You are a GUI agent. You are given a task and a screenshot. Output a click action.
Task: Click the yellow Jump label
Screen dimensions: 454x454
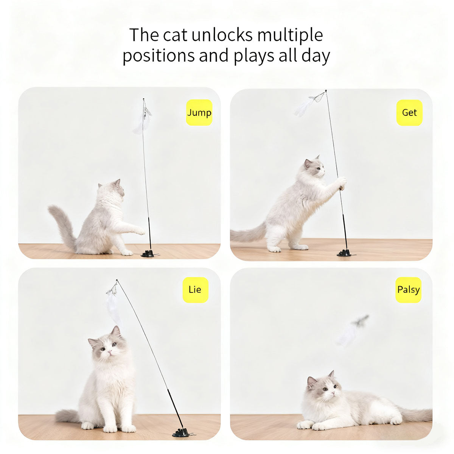(199, 112)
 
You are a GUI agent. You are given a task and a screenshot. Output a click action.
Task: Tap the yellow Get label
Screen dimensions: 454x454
(409, 112)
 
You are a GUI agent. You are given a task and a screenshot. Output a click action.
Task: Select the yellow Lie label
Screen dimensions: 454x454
(195, 290)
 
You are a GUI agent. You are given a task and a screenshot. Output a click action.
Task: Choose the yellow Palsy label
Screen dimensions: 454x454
(408, 290)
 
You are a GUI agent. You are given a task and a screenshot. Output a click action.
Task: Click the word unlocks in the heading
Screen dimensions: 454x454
(222, 35)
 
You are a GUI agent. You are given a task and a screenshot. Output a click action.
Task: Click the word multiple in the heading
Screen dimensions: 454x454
(290, 35)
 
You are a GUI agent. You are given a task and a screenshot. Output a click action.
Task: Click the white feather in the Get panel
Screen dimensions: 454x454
(304, 107)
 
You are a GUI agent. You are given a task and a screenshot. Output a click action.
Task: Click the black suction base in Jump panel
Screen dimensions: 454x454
(148, 253)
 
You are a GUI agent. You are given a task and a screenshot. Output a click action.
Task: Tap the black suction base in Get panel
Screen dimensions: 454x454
(344, 253)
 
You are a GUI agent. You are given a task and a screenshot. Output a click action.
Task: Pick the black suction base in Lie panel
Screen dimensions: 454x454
(181, 432)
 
